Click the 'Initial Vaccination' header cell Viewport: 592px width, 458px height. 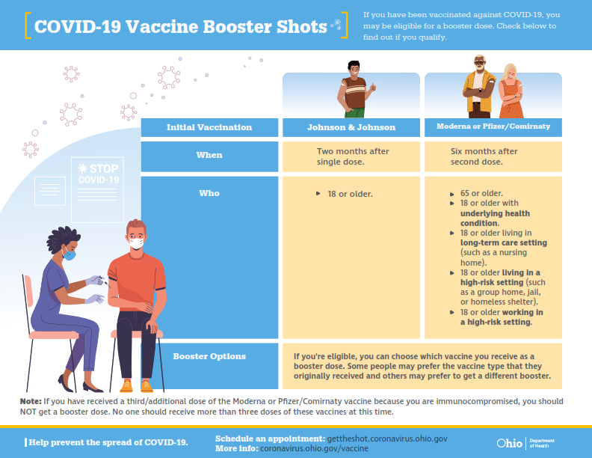(x=209, y=127)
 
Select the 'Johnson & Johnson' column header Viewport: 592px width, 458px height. (x=351, y=127)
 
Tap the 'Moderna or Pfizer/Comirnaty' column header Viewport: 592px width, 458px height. (x=493, y=127)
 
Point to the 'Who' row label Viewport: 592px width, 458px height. (x=209, y=194)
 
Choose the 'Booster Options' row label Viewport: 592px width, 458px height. (x=209, y=356)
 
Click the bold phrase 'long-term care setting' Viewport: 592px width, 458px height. (x=504, y=242)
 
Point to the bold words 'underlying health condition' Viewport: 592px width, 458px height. (x=495, y=219)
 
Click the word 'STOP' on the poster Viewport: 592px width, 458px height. (x=104, y=168)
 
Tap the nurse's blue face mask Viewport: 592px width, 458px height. (x=69, y=254)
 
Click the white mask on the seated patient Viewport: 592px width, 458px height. (x=136, y=242)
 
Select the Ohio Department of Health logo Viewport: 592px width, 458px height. (x=525, y=443)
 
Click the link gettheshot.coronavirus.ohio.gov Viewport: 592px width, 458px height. (x=387, y=439)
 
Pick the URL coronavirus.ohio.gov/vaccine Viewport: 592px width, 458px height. (x=314, y=448)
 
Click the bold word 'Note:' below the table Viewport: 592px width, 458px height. (x=31, y=401)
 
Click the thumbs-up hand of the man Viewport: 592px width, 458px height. (x=373, y=88)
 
